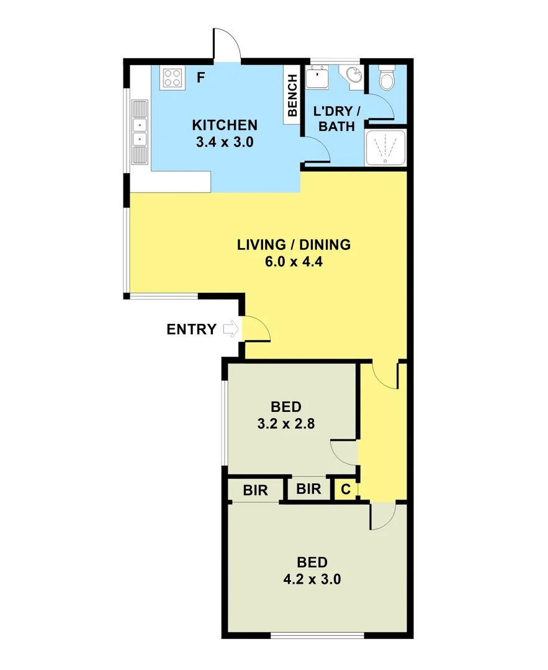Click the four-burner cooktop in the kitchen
click(173, 78)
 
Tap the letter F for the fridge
click(200, 78)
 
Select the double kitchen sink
click(140, 132)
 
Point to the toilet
click(386, 78)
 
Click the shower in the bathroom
click(385, 148)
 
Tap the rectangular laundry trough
click(318, 78)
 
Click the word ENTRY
click(191, 329)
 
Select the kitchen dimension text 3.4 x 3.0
click(224, 141)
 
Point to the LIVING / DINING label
click(294, 244)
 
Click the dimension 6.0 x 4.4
click(294, 261)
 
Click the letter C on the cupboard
click(346, 489)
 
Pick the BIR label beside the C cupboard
click(308, 489)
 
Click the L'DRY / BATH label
click(337, 118)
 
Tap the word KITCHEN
click(224, 125)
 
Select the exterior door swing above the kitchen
click(227, 45)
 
